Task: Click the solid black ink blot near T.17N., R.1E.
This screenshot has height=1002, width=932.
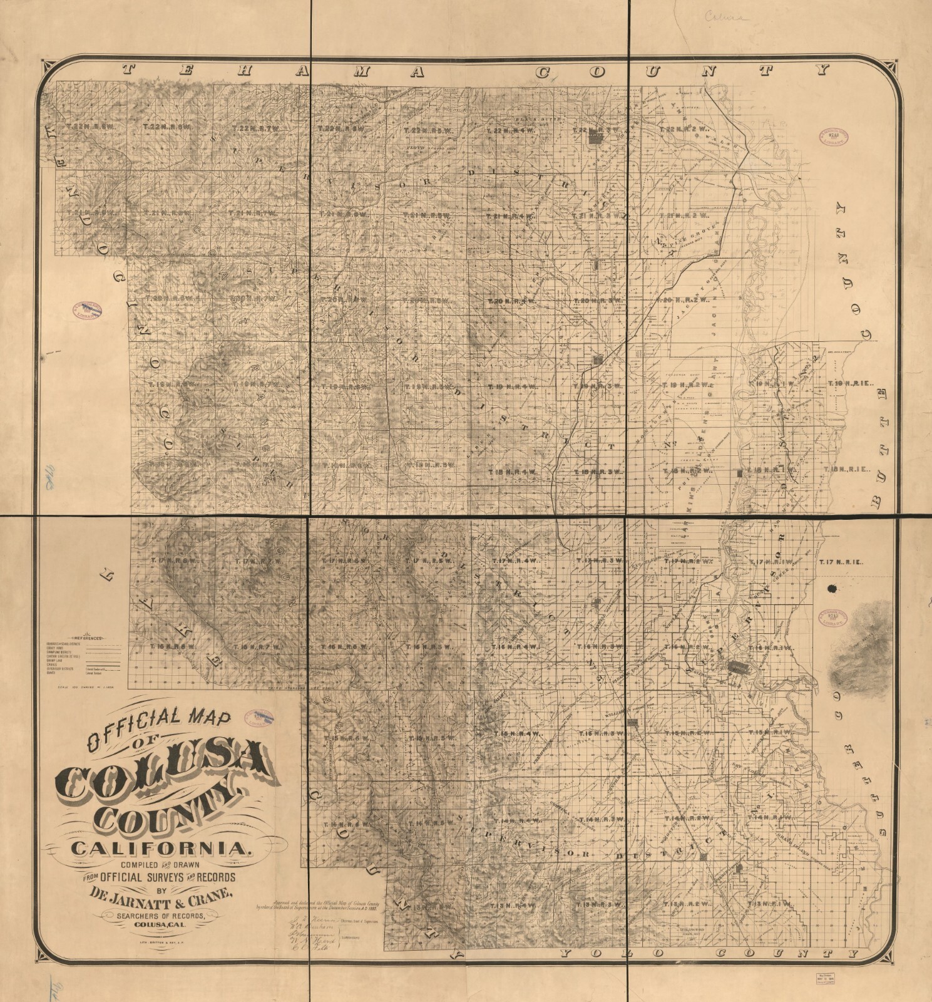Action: (832, 588)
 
